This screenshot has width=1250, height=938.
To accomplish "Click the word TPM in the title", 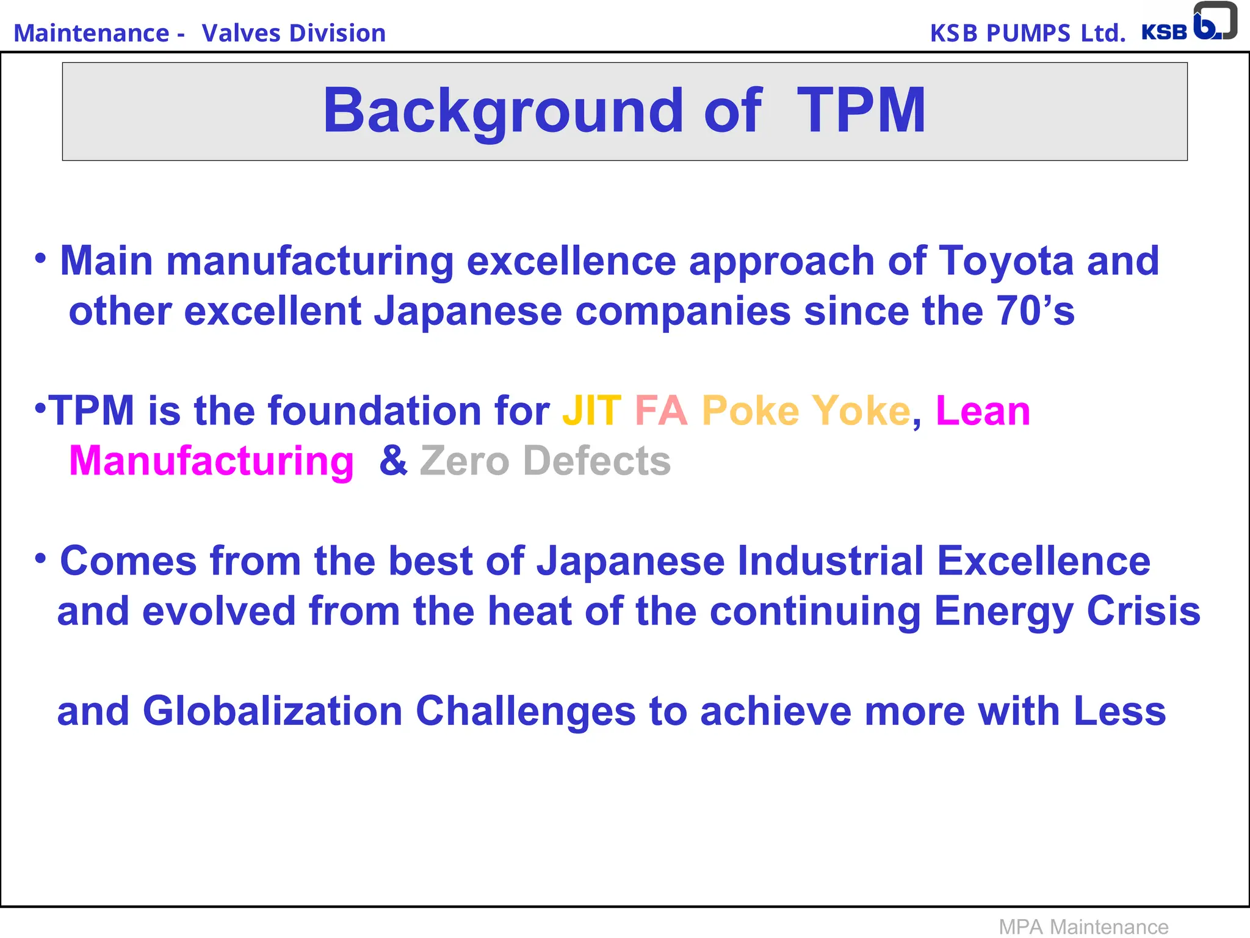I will tap(861, 111).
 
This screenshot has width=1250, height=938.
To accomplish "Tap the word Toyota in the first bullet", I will tap(1006, 261).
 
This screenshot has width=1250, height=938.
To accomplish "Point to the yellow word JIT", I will tap(591, 410).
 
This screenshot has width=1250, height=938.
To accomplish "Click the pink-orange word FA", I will tap(661, 410).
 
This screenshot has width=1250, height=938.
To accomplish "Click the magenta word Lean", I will tap(983, 410).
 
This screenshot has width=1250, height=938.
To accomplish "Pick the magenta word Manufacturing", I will tap(211, 461).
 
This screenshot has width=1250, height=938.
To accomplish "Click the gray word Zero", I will tap(464, 461).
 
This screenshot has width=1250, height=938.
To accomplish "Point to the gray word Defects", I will tap(597, 461).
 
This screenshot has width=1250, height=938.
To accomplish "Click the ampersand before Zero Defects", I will tap(393, 460).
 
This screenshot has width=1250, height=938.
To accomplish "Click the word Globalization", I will tap(272, 711).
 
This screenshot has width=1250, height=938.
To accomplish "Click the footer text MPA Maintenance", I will tap(1083, 927).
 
